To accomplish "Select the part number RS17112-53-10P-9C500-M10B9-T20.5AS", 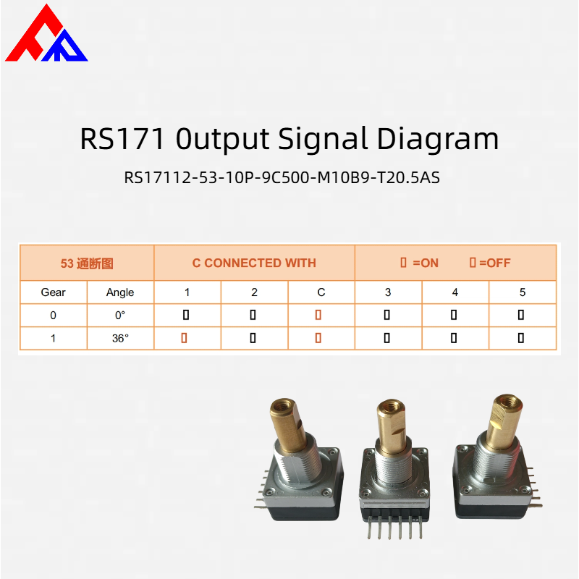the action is tap(282, 177).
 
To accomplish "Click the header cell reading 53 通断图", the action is tap(87, 263).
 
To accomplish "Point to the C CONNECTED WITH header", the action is tap(254, 263).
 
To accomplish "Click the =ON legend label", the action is tap(426, 263).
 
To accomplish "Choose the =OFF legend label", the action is tap(495, 263).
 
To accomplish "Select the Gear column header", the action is tap(53, 292).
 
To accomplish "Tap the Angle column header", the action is tap(120, 292).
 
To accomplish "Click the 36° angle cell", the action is tap(120, 338).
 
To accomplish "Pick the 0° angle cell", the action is tap(120, 316).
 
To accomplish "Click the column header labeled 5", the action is tap(522, 292).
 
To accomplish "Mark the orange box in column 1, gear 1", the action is tap(184, 338).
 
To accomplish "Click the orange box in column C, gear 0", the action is tap(318, 315).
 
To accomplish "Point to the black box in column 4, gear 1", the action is tap(454, 338).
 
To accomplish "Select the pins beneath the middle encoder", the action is tap(395, 528).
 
